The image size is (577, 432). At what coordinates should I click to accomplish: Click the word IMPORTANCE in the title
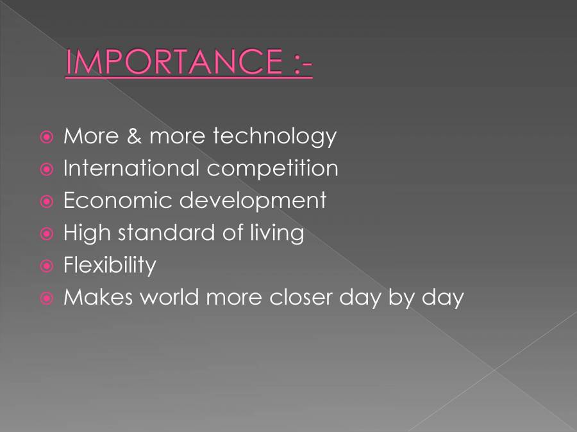pos(174,61)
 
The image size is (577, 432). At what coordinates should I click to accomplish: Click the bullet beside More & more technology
pos(47,138)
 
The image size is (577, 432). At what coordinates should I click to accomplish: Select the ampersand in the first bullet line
pos(134,136)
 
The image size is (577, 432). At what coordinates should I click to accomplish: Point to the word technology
pos(275,137)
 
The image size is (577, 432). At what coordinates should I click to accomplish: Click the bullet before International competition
pos(47,170)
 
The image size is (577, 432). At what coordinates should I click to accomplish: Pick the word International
pos(131,168)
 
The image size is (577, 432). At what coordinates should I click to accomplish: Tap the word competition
pos(272,168)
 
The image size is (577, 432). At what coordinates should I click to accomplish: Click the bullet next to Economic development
pos(47,202)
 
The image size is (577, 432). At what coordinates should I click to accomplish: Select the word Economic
pos(118,200)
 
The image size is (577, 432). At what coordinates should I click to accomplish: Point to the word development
pos(253,202)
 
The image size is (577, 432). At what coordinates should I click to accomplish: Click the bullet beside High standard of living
pos(47,234)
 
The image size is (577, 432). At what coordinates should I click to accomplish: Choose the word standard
pos(166,233)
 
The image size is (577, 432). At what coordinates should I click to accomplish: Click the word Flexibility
pos(110,266)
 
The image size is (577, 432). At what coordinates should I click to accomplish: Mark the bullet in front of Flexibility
pos(47,266)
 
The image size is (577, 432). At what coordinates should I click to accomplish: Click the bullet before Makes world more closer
pos(47,298)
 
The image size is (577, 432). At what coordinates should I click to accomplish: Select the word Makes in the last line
pos(98,297)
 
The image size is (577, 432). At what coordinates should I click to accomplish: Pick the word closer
pos(301,297)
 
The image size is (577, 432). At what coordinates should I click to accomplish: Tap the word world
pos(170,297)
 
